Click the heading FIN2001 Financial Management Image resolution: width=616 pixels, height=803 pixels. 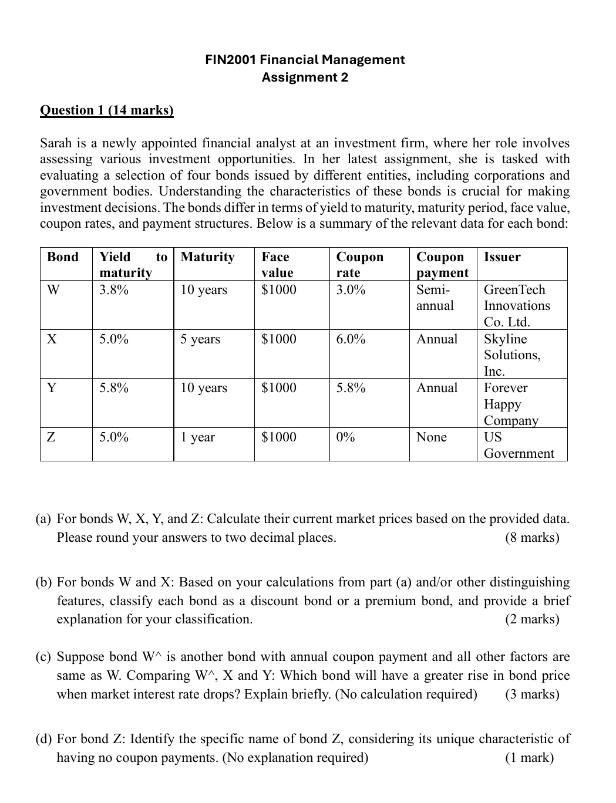(305, 59)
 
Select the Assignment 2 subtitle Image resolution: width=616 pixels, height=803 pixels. (305, 77)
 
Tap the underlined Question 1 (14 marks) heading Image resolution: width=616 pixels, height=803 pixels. (106, 110)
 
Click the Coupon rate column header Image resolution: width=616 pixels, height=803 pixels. (359, 264)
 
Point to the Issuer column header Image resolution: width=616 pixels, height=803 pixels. (502, 257)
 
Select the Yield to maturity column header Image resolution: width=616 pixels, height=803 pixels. (133, 264)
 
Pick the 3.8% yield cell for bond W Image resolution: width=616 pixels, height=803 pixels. (114, 290)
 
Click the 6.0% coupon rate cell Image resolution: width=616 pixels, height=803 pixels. (351, 339)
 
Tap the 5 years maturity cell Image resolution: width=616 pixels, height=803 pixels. (200, 339)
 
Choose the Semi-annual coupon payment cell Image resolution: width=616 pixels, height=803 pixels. (435, 298)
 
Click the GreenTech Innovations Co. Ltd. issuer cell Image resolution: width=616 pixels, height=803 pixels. (516, 306)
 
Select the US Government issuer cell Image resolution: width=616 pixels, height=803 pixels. (518, 445)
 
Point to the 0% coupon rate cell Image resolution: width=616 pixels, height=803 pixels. (345, 437)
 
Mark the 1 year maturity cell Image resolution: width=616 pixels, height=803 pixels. (198, 437)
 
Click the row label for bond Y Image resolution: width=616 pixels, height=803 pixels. (52, 388)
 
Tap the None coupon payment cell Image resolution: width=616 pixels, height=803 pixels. (431, 437)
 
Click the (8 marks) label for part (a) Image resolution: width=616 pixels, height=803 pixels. (532, 538)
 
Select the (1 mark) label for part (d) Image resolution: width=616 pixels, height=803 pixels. (529, 758)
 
